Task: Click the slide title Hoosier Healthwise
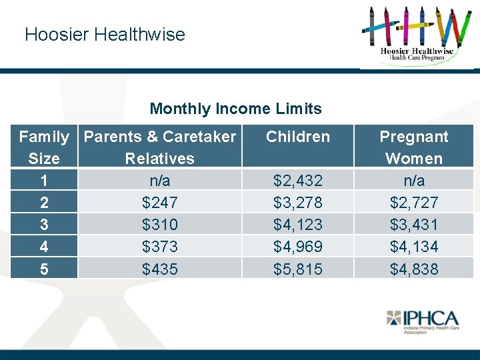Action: point(105,35)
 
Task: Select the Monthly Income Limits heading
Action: point(235,109)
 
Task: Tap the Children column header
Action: point(298,137)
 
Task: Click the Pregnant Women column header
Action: point(414,147)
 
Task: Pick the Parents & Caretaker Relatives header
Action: point(160,147)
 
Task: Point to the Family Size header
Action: point(44,147)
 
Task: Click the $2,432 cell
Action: point(298,181)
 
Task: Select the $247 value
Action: point(160,203)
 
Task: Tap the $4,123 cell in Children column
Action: point(298,225)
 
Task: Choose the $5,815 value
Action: point(298,269)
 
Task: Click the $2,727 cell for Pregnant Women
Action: point(414,203)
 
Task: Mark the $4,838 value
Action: point(414,269)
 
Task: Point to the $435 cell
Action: point(160,269)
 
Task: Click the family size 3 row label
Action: point(44,225)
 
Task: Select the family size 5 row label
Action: point(44,269)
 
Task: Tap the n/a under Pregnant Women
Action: point(414,181)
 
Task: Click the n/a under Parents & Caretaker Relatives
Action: point(160,181)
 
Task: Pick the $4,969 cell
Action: point(298,247)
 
